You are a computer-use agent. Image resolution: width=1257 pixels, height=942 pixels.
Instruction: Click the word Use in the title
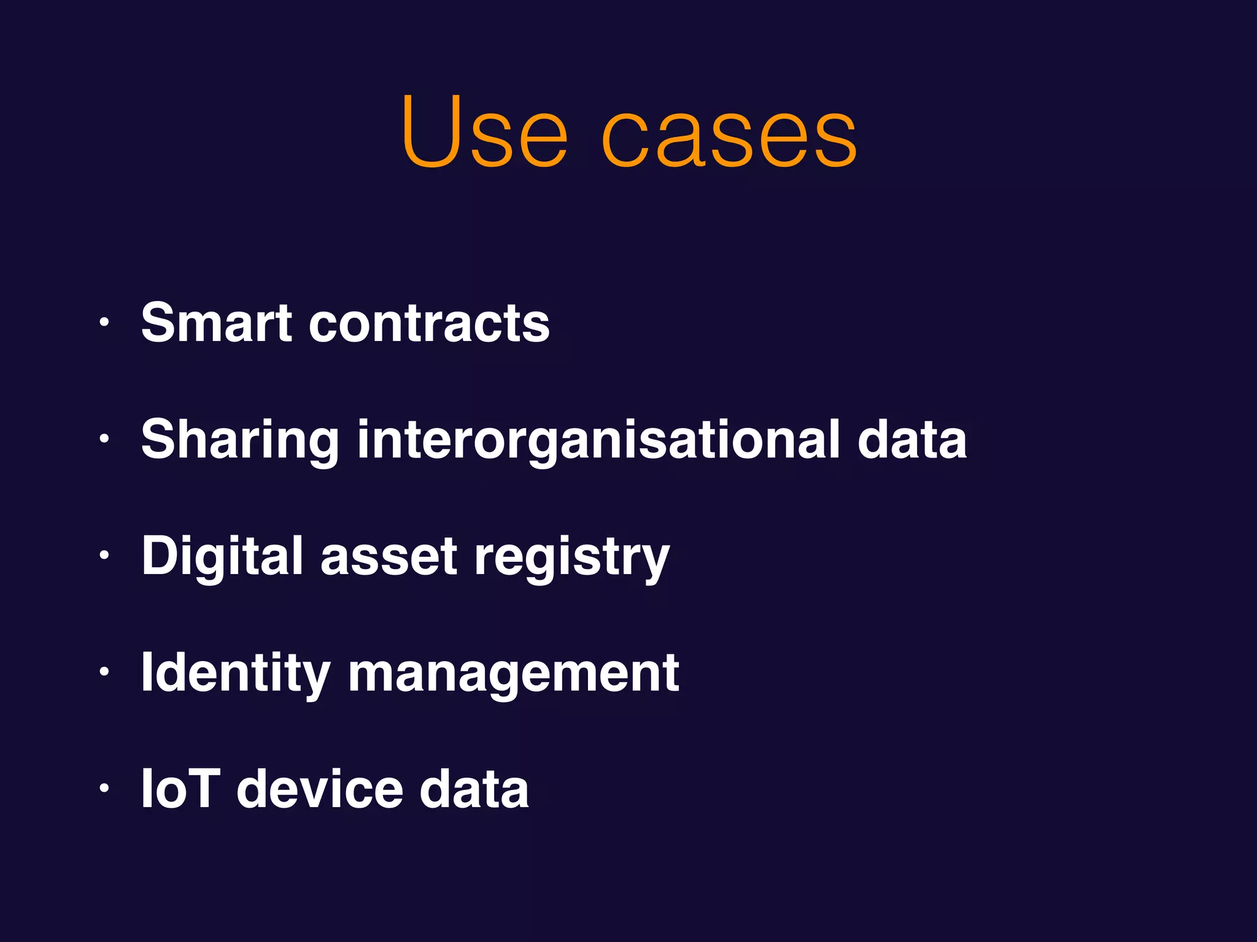[x=484, y=132]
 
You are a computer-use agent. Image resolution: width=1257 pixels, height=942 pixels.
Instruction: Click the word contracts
[x=429, y=323]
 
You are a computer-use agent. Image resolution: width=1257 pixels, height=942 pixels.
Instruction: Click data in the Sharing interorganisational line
[x=912, y=439]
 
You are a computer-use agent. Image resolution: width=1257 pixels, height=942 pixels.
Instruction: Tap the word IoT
[x=180, y=789]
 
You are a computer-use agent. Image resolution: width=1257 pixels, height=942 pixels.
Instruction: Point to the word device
[x=320, y=789]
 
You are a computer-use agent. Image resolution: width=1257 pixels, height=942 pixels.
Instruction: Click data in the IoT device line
[x=474, y=789]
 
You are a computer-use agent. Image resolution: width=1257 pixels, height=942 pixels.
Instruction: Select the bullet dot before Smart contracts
[x=104, y=322]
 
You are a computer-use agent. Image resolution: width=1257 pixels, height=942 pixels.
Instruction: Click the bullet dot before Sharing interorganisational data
[x=104, y=438]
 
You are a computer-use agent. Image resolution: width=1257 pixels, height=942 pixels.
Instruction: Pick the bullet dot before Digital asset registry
[x=104, y=555]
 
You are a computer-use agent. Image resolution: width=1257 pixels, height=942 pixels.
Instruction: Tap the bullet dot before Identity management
[x=104, y=672]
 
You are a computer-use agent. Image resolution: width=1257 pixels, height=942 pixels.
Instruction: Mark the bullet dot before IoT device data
[x=104, y=788]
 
